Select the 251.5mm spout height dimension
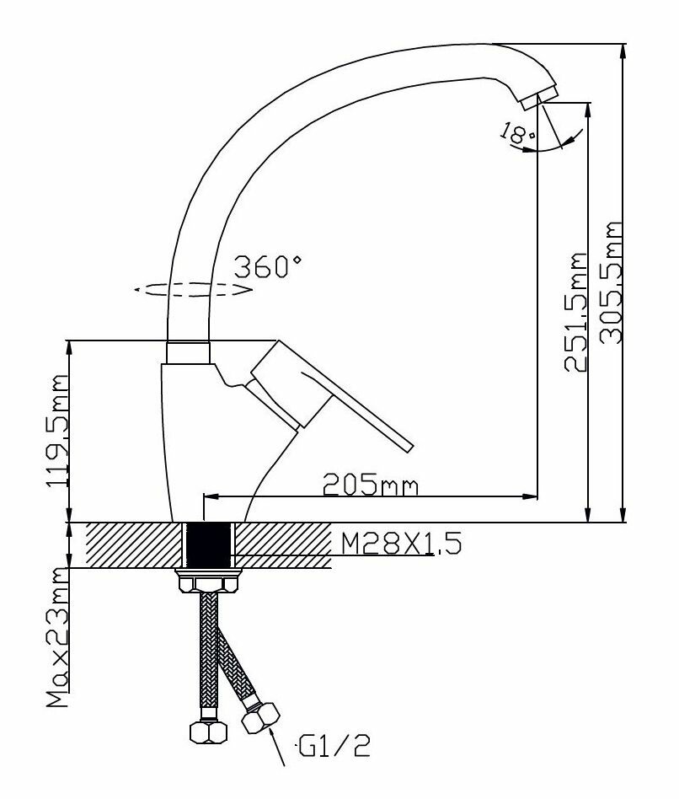tap(575, 313)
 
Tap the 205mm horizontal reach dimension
tap(371, 485)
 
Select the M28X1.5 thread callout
tap(401, 545)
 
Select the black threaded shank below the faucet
tap(208, 545)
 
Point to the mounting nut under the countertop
tap(208, 582)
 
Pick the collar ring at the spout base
tap(188, 352)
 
